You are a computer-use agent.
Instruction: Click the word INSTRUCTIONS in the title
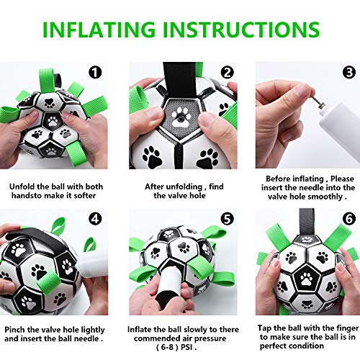point(241,30)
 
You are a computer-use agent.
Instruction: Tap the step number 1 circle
point(96,72)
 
